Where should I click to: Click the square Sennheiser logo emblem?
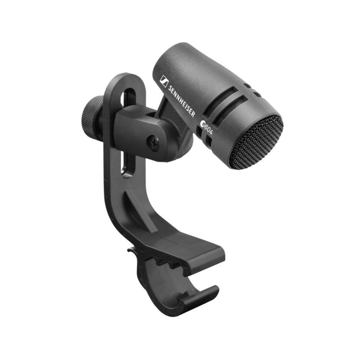click(x=164, y=81)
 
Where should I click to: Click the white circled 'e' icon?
click(x=203, y=124)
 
